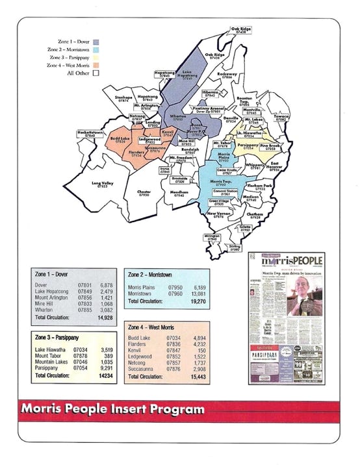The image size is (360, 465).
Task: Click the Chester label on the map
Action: click(144, 193)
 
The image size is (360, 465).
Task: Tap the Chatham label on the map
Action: click(253, 215)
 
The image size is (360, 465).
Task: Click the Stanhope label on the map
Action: click(123, 99)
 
